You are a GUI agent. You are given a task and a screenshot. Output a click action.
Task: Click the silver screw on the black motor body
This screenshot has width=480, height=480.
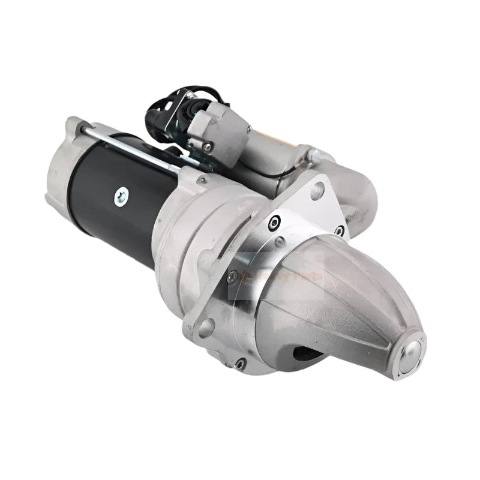click(x=121, y=196)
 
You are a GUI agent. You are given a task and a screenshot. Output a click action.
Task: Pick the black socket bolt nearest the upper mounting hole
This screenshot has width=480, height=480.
click(x=274, y=222)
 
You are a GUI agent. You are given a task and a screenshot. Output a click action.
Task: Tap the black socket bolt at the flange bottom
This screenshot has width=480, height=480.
click(x=240, y=363)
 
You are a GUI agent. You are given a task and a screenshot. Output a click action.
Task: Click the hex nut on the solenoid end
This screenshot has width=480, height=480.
click(x=313, y=155)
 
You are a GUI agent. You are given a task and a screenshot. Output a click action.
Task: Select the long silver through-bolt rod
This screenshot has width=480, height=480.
click(x=132, y=147)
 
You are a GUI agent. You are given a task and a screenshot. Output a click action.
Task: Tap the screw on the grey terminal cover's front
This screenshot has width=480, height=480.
click(x=207, y=146)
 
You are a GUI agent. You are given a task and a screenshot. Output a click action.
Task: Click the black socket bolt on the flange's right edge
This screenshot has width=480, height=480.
click(x=339, y=230)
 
